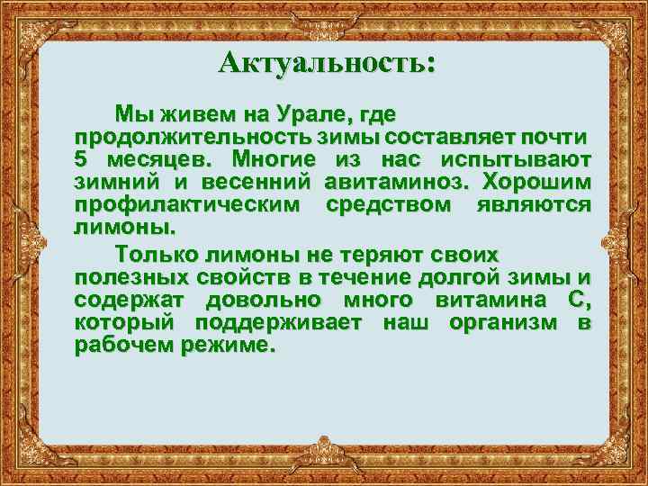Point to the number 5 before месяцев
click(80, 159)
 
